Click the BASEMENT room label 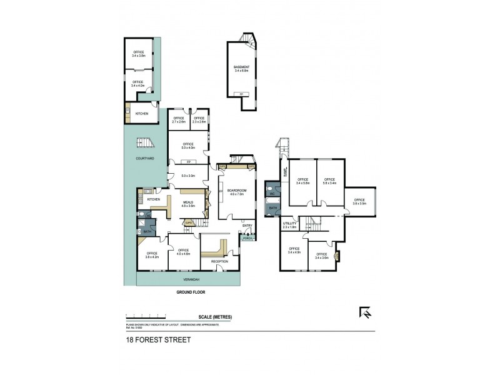point(241,69)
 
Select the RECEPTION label point(219,261)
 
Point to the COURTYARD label point(145,158)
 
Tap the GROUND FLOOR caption point(190,292)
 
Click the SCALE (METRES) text point(215,317)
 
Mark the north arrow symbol point(364,312)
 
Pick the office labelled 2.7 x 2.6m point(178,119)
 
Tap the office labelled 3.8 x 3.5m point(359,202)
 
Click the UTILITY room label point(289,224)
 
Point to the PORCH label point(247,239)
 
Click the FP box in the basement point(241,94)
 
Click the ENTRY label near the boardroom point(247,226)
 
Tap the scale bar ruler point(159,316)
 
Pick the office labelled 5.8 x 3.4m point(329,181)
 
